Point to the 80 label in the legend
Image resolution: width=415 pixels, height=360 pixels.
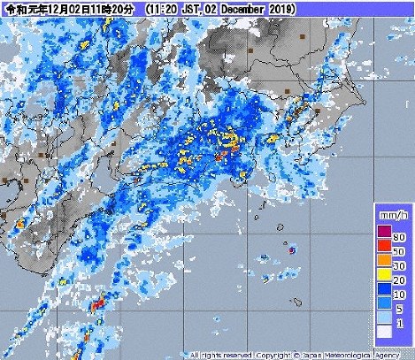[399, 237]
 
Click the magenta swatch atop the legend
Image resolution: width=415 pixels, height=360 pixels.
[384, 230]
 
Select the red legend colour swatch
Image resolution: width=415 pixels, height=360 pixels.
[384, 245]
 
